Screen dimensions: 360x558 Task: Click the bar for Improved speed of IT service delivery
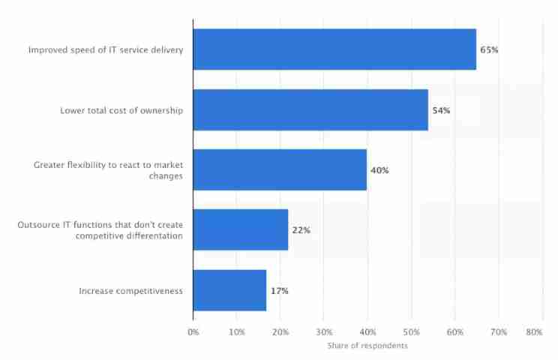[334, 49]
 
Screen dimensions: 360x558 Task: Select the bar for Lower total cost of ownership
[310, 110]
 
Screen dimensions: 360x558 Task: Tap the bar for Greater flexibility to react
[280, 169]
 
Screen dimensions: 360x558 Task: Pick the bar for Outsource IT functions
[241, 229]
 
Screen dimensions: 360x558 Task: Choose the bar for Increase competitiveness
[229, 289]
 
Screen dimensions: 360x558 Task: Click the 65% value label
[489, 50]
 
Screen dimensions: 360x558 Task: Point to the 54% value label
[441, 110]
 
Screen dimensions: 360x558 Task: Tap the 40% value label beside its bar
[379, 170]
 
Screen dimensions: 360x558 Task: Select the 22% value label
[301, 230]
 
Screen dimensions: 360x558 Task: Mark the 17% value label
[279, 290]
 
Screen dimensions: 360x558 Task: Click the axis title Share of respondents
[367, 346]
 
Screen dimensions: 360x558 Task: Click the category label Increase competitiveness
[131, 290]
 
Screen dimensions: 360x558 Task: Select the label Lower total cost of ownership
[122, 110]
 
